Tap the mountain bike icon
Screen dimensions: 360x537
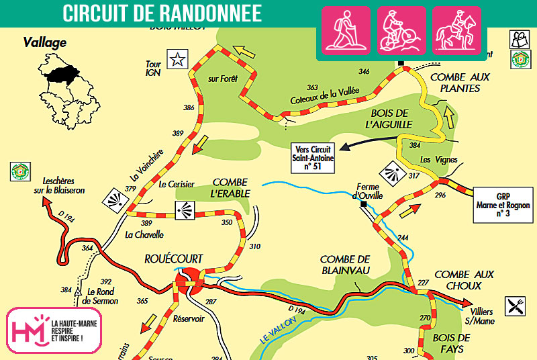point(401,30)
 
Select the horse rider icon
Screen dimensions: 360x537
point(456,30)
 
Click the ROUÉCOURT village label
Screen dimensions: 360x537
point(173,259)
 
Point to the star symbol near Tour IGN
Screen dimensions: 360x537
point(177,59)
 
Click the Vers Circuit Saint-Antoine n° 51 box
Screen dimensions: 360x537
point(313,156)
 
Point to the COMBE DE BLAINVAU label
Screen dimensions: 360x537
point(346,265)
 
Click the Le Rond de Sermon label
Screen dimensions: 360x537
point(103,296)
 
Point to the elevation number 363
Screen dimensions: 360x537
point(312,87)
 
